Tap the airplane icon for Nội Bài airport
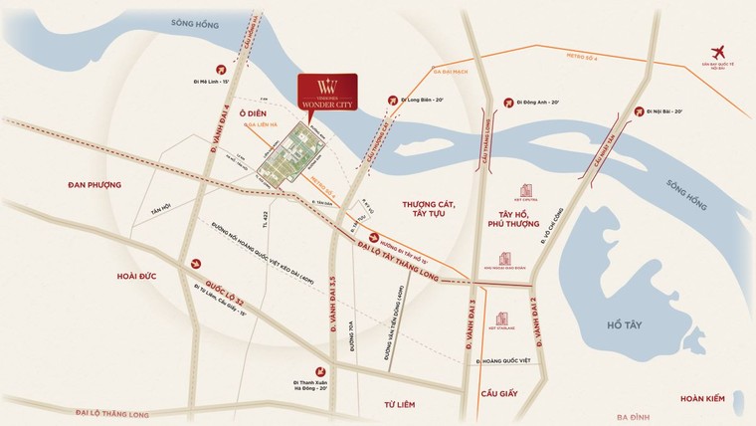click(x=718, y=53)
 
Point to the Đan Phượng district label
click(x=94, y=185)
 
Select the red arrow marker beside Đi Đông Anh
click(x=510, y=101)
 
